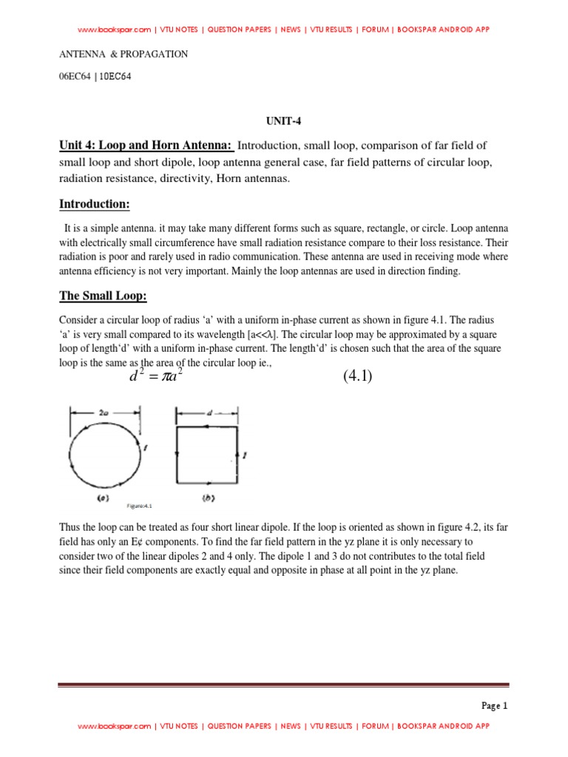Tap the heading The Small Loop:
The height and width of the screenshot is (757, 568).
(x=103, y=296)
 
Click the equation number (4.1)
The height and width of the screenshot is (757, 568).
(x=357, y=377)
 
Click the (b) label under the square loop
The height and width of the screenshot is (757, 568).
(x=208, y=499)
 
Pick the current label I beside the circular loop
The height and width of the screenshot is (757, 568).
(x=146, y=447)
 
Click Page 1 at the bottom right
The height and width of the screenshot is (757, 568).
(x=495, y=705)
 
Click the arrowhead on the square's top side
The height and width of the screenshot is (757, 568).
(x=208, y=427)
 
